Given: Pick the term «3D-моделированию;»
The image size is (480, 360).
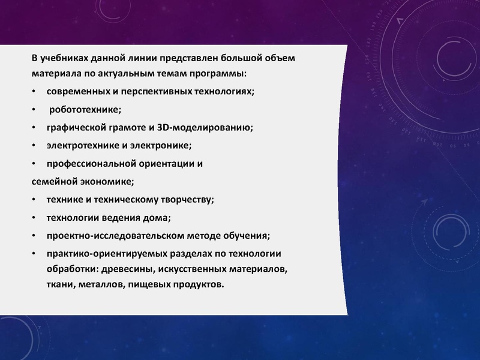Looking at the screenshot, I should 205,127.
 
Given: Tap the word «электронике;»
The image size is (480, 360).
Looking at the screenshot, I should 159,145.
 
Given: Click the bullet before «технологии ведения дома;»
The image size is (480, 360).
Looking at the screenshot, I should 34,217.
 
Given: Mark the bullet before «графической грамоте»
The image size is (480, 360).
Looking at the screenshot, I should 34,128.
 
